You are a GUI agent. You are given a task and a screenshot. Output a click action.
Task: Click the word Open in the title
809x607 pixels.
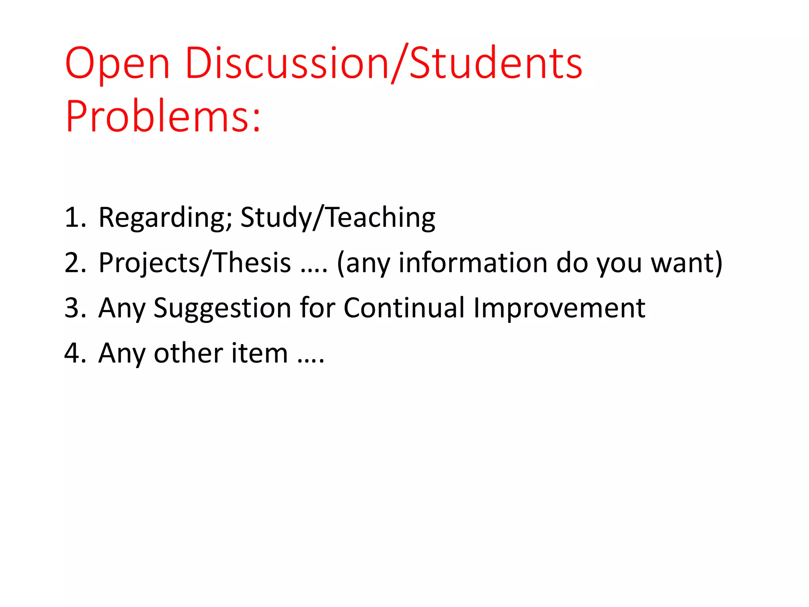117,64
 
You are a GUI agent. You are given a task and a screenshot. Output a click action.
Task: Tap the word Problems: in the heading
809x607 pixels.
163,117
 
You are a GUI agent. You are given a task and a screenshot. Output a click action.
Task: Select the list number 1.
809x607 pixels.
75,217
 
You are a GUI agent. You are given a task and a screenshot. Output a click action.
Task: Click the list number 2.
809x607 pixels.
75,262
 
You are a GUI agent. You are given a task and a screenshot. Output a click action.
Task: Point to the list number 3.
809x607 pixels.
75,308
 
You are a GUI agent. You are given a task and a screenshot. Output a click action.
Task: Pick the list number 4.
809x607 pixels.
75,353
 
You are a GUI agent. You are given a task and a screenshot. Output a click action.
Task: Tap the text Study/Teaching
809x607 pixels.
338,218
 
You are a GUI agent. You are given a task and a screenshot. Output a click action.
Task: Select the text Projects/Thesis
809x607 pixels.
195,263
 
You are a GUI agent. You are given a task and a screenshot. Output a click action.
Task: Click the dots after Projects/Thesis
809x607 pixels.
314,270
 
